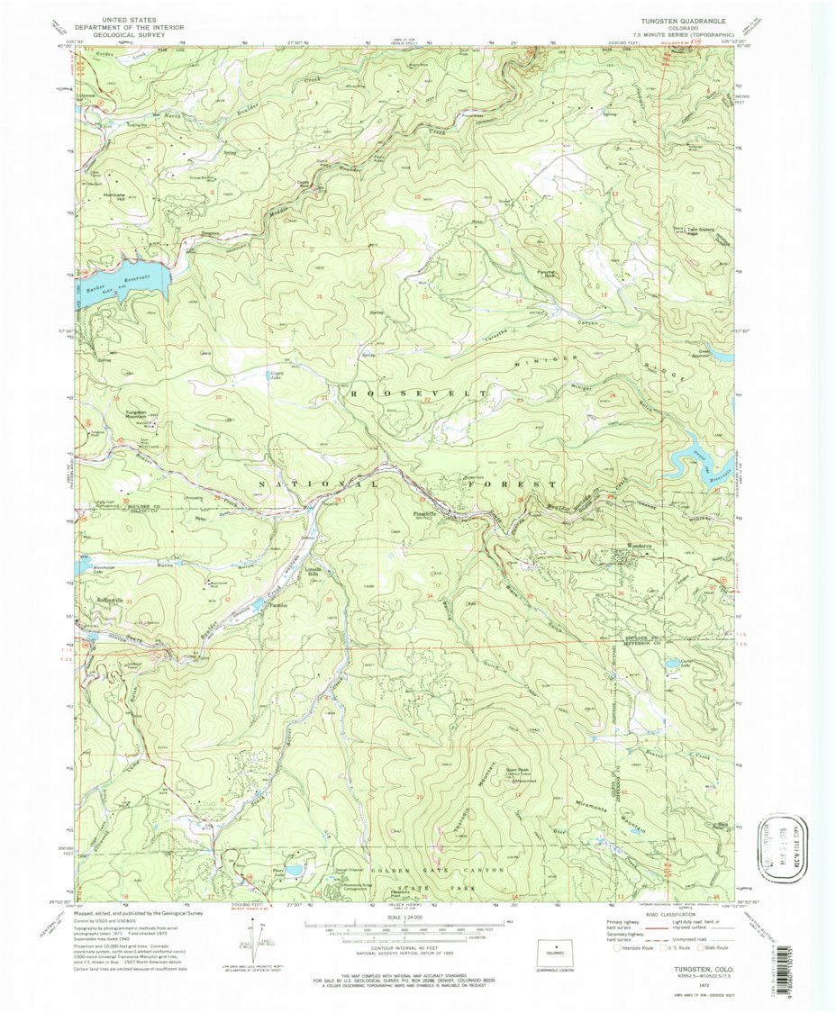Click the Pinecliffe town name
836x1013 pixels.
(x=425, y=514)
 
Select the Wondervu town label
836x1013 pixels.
(x=631, y=546)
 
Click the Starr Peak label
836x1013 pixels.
(x=517, y=770)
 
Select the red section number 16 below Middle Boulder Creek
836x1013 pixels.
(x=319, y=296)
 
